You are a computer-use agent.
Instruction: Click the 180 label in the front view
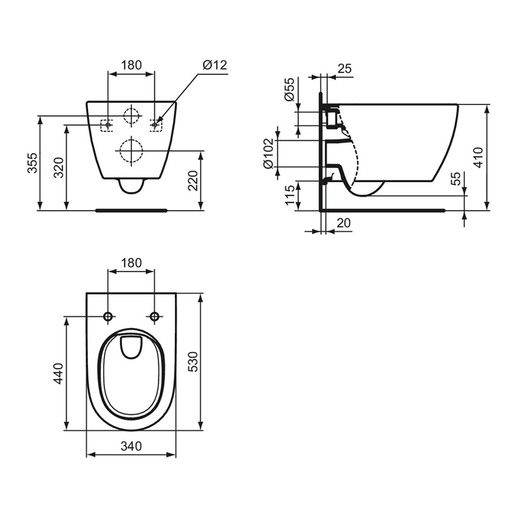pos(131,65)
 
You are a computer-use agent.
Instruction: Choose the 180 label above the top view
pos(131,263)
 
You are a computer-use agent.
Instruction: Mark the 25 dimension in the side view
pos(344,69)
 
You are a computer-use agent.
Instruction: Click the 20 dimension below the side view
pos(343,223)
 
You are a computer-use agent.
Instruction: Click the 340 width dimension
pos(131,446)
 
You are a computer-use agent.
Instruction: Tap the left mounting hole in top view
pos(108,316)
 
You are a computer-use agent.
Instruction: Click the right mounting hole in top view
pos(154,316)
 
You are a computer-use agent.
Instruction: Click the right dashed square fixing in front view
pos(156,124)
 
